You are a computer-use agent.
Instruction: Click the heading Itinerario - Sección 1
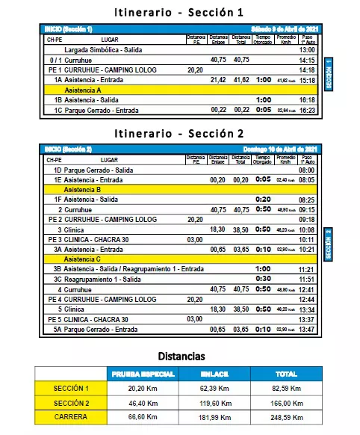click(x=179, y=12)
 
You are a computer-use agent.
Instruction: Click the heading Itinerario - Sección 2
click(x=179, y=135)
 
